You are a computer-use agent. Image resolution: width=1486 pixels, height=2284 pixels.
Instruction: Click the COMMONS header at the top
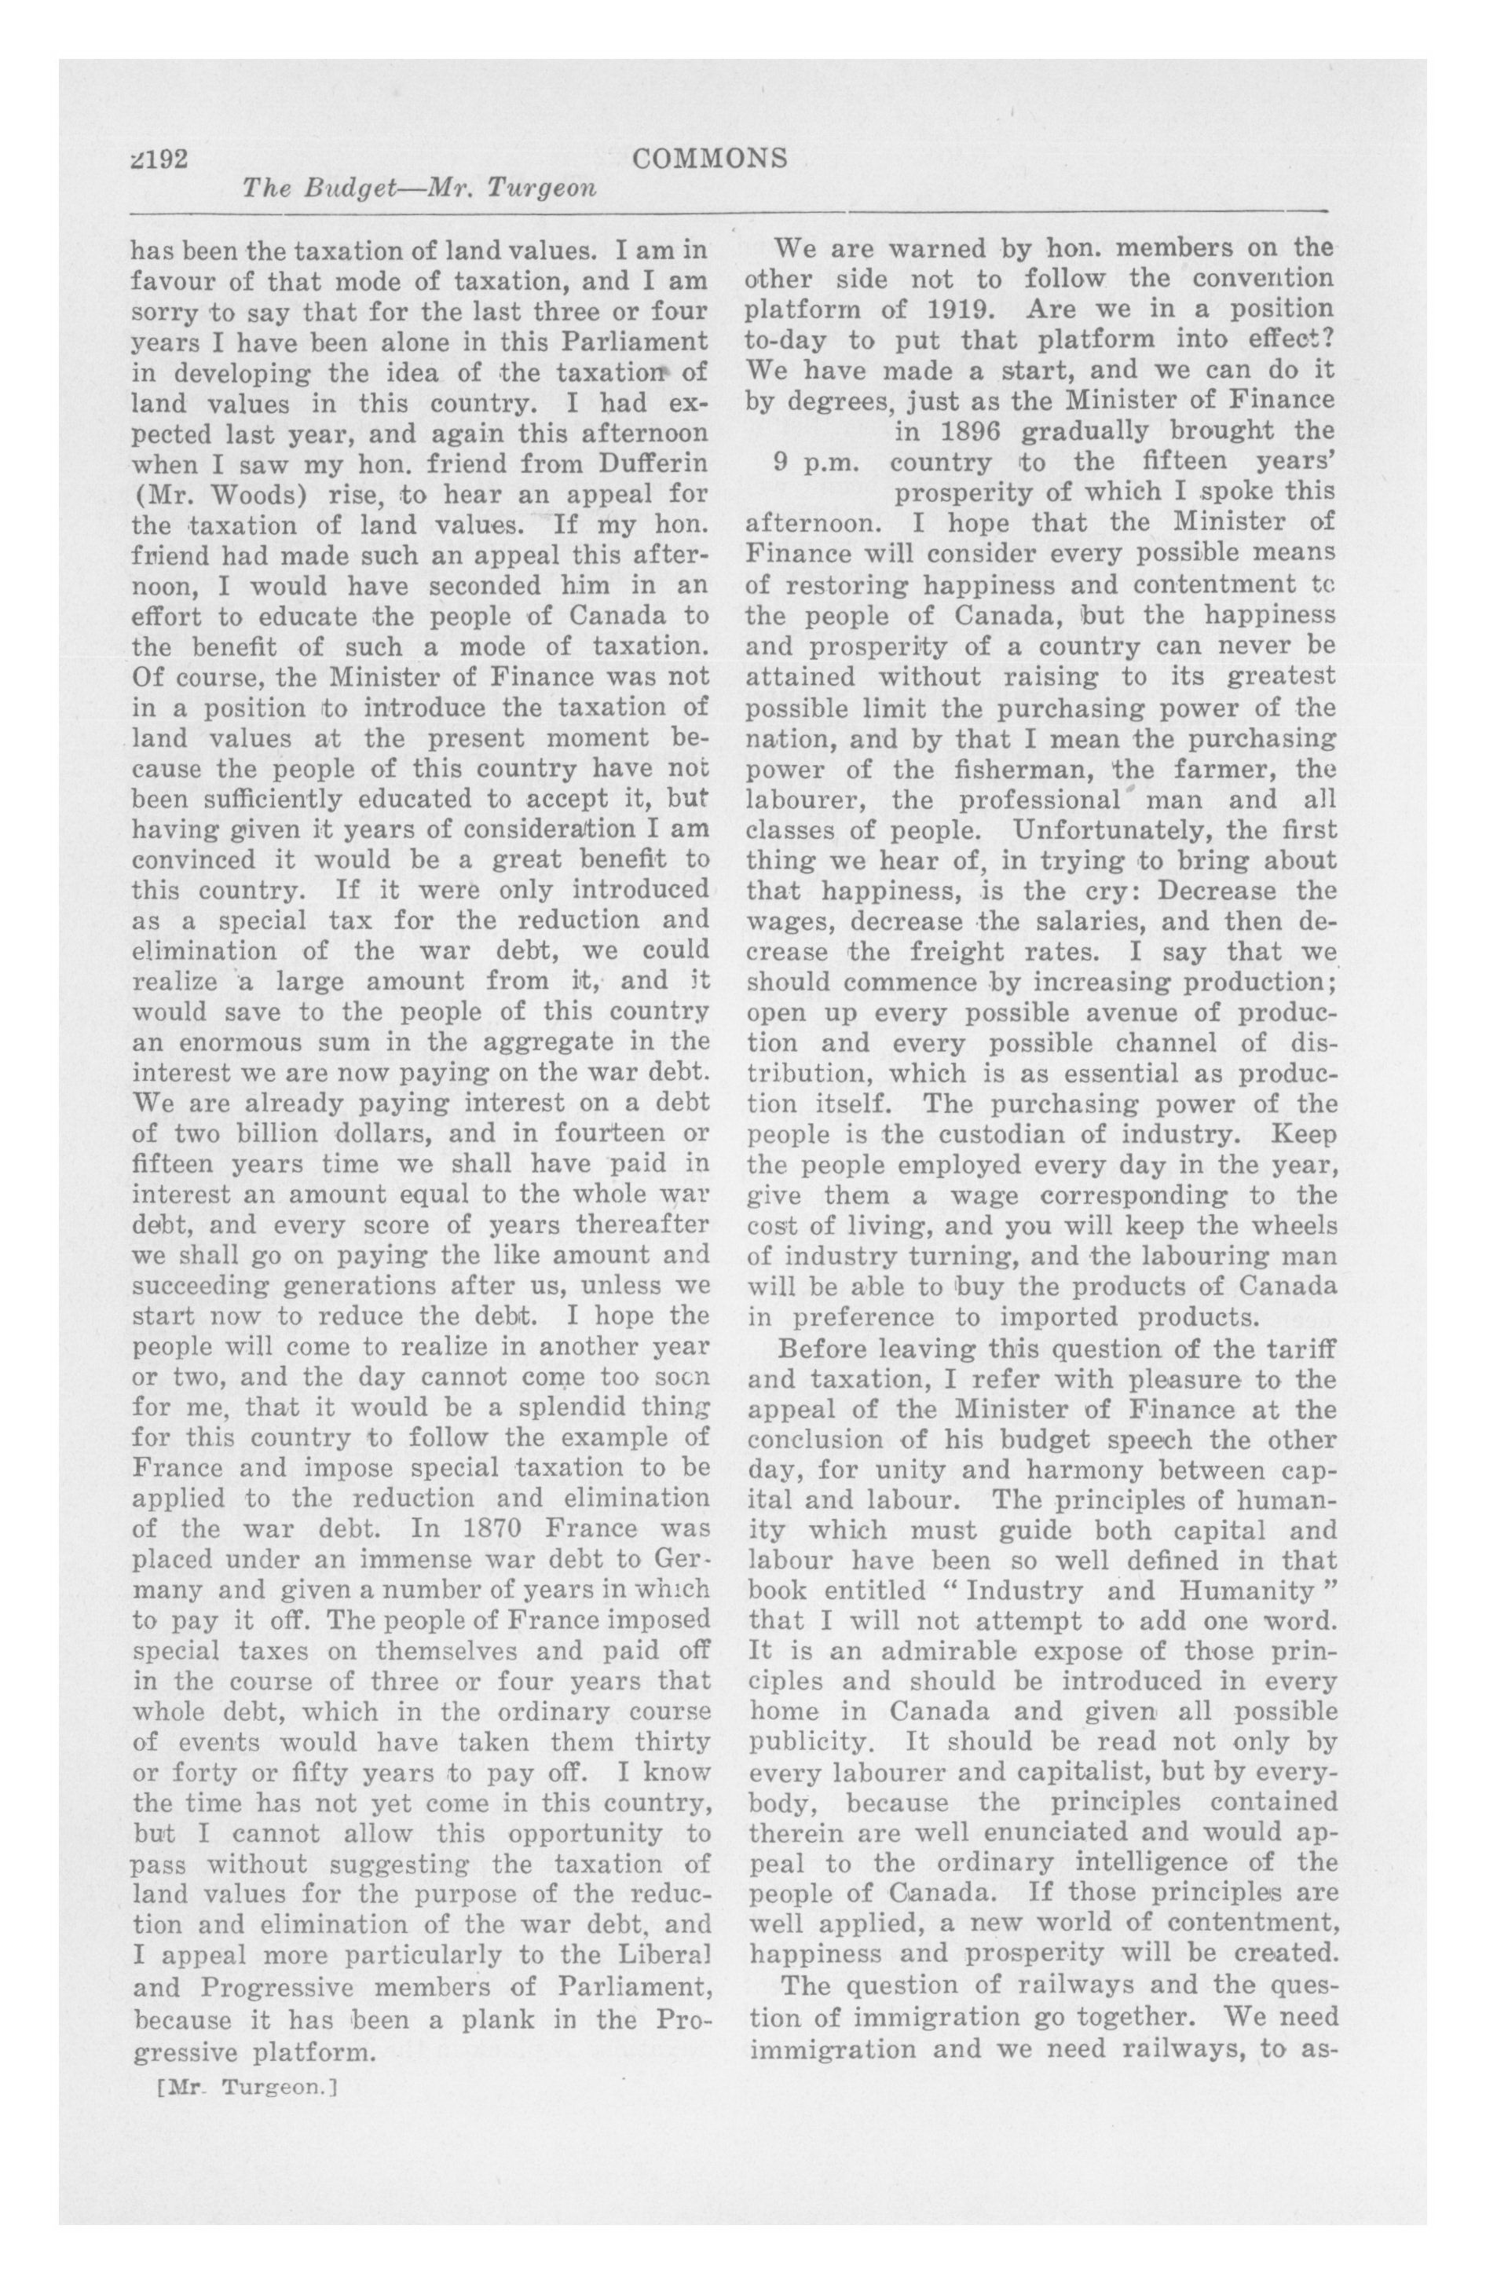pyautogui.click(x=710, y=159)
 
